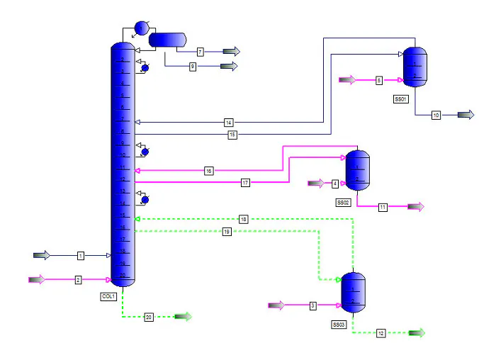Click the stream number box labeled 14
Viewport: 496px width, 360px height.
click(229, 123)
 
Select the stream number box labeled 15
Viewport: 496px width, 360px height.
click(232, 135)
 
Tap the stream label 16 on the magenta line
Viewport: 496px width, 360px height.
click(208, 171)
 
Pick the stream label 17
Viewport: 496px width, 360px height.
click(245, 183)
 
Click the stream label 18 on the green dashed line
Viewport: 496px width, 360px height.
click(244, 219)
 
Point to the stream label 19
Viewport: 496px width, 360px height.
click(227, 231)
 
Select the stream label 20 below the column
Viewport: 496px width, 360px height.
click(149, 317)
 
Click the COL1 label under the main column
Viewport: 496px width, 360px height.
click(108, 296)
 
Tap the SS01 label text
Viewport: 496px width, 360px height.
click(400, 99)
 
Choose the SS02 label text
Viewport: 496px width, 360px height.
click(343, 203)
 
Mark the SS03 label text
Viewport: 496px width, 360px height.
click(339, 324)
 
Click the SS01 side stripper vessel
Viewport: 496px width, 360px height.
click(415, 67)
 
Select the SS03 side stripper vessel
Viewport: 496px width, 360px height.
click(353, 293)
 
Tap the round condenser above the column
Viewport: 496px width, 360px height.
click(140, 28)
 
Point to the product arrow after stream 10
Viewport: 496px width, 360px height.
click(466, 115)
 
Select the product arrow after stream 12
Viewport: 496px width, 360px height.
click(417, 332)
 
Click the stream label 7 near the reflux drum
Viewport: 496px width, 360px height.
click(201, 52)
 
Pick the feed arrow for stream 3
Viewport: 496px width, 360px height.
click(276, 305)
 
